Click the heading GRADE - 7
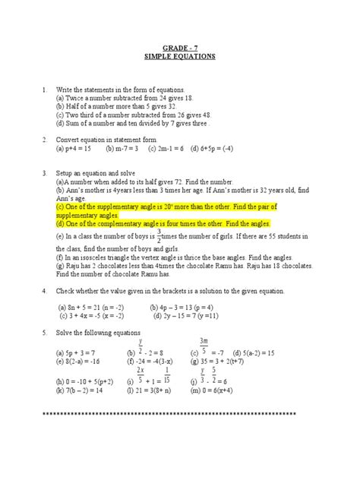180,47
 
